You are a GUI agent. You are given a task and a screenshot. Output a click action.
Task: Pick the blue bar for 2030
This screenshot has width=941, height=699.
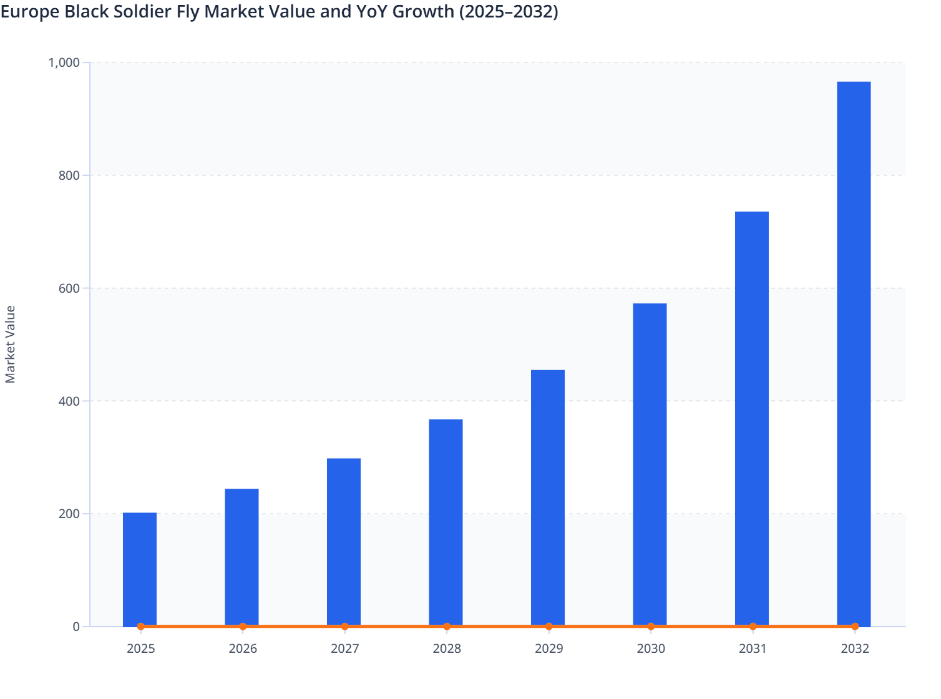pyautogui.click(x=650, y=464)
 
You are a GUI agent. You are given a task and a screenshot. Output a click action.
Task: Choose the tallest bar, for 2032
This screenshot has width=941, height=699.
pyautogui.click(x=854, y=353)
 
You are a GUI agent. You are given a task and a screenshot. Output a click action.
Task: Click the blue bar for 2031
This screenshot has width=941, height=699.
pyautogui.click(x=752, y=418)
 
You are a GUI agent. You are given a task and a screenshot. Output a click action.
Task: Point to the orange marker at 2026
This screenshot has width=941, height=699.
pyautogui.click(x=243, y=627)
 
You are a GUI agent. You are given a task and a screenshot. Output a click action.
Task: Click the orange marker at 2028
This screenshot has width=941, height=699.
pyautogui.click(x=447, y=627)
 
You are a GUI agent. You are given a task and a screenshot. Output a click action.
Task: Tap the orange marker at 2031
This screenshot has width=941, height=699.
pyautogui.click(x=753, y=627)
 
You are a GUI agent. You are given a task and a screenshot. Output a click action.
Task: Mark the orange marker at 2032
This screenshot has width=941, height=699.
pyautogui.click(x=855, y=627)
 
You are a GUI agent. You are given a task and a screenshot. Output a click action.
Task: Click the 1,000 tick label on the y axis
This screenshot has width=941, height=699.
pyautogui.click(x=64, y=62)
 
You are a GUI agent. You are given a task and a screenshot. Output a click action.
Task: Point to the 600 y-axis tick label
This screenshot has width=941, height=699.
pyautogui.click(x=69, y=288)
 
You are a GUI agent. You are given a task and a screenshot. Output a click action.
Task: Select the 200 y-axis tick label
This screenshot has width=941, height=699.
pyautogui.click(x=69, y=514)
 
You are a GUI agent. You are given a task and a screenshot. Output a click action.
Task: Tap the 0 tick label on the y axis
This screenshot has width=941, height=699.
pyautogui.click(x=76, y=627)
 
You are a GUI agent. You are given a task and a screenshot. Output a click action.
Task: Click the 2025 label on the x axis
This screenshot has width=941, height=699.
pyautogui.click(x=140, y=648)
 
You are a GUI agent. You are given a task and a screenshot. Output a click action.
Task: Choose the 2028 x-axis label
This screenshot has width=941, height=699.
pyautogui.click(x=447, y=648)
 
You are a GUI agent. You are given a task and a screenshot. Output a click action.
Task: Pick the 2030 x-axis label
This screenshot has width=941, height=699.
pyautogui.click(x=651, y=648)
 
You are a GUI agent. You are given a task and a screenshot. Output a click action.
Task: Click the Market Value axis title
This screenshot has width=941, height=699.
pyautogui.click(x=10, y=344)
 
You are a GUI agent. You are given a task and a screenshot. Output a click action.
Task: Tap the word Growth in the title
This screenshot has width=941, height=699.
pyautogui.click(x=423, y=11)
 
